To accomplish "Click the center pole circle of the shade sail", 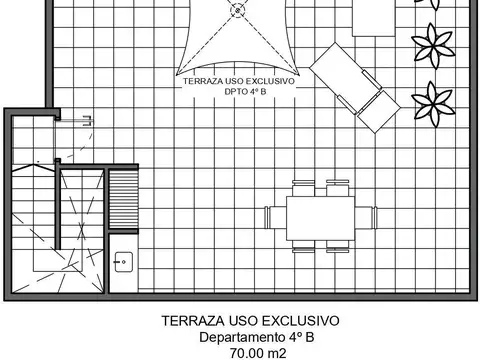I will pyautogui.click(x=237, y=11).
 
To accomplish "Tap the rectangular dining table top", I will pyautogui.click(x=319, y=218).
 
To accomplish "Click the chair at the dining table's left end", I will pyautogui.click(x=274, y=217).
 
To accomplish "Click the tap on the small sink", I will pyautogui.click(x=119, y=262).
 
